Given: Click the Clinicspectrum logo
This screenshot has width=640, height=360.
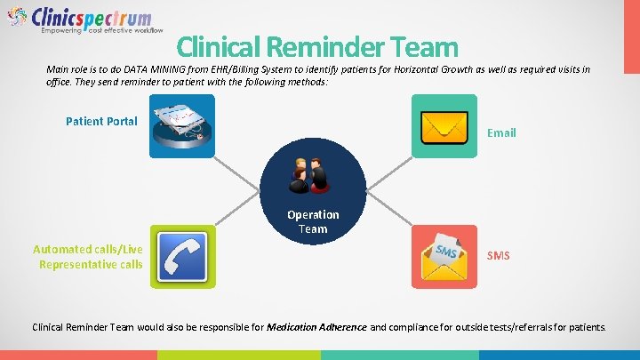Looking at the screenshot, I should click(80, 20).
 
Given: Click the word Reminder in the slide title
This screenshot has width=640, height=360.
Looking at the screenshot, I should click(323, 47).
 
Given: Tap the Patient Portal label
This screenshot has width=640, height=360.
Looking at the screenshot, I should click(101, 121).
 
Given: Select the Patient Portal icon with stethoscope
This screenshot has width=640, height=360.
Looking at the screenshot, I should click(182, 126).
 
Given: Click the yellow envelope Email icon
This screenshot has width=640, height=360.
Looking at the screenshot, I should click(444, 126).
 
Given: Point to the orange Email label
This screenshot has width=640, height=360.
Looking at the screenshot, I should click(500, 132).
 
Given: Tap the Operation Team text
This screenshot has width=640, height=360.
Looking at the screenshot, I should click(313, 221).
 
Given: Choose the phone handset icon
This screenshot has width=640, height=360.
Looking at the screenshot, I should click(182, 255).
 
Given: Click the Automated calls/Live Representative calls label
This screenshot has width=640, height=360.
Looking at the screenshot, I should click(87, 257).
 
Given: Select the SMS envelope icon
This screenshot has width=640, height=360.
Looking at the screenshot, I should click(444, 256).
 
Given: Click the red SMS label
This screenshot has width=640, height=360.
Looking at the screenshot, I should click(499, 256).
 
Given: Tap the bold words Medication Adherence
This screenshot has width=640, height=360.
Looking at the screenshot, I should click(316, 327).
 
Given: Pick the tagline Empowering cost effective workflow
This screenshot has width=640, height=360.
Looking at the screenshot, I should click(101, 30).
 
